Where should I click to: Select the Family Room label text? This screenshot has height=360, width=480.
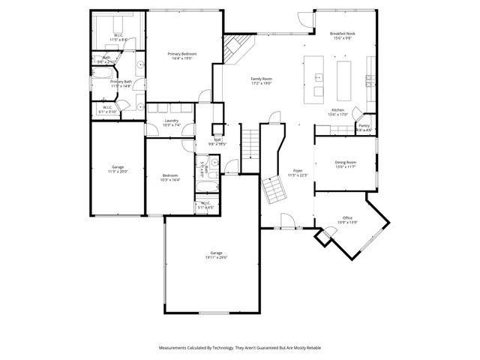261,79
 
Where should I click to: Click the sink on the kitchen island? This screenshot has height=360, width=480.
319,76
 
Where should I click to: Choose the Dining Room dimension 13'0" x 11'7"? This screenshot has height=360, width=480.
345,166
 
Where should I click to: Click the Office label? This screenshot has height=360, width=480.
347,218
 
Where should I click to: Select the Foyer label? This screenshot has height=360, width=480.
298,172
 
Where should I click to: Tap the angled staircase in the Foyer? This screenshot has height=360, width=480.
273,191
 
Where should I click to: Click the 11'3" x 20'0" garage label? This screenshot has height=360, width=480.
118,171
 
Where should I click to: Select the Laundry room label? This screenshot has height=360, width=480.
171,122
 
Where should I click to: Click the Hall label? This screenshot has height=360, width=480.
217,140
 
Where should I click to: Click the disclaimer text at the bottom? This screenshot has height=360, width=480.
240,348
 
